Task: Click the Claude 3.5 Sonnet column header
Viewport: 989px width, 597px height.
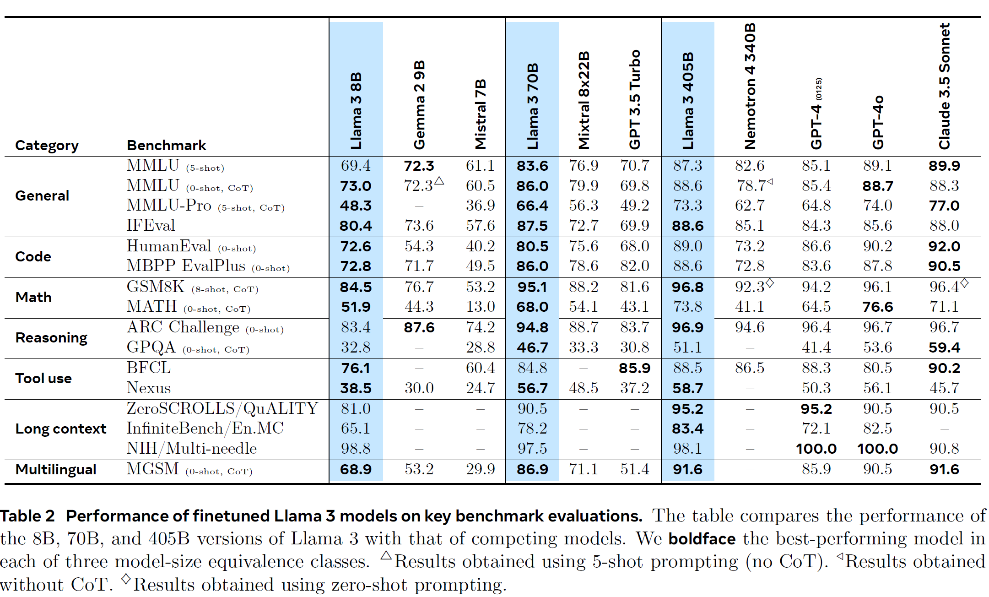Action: (944, 86)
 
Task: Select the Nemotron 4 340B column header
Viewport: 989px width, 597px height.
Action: (750, 86)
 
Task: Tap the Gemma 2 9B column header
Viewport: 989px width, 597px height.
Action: (419, 104)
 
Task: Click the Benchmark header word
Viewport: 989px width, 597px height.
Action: (166, 145)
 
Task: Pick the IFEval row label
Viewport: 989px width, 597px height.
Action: (151, 225)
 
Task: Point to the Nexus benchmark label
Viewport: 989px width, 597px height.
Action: (148, 388)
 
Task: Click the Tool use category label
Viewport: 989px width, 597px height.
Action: (43, 378)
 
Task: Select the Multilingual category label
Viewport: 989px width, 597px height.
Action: (56, 469)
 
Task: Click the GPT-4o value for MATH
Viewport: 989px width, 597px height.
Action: (877, 307)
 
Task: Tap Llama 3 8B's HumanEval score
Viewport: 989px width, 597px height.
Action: (356, 246)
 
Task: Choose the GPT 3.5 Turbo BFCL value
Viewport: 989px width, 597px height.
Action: (634, 368)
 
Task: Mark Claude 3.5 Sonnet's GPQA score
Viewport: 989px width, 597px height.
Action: (944, 347)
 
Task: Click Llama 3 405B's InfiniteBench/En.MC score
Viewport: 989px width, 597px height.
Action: (687, 429)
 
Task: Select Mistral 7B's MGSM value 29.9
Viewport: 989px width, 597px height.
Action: (480, 469)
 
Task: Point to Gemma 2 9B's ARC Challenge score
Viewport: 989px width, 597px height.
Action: (419, 327)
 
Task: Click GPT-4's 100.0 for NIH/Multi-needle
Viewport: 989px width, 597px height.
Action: (816, 449)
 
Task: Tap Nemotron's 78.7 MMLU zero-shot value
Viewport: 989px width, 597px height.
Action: (751, 185)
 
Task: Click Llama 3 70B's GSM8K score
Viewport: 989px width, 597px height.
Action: (532, 287)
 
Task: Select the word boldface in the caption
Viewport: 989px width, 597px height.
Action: (702, 538)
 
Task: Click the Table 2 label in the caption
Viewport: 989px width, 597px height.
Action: (27, 516)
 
